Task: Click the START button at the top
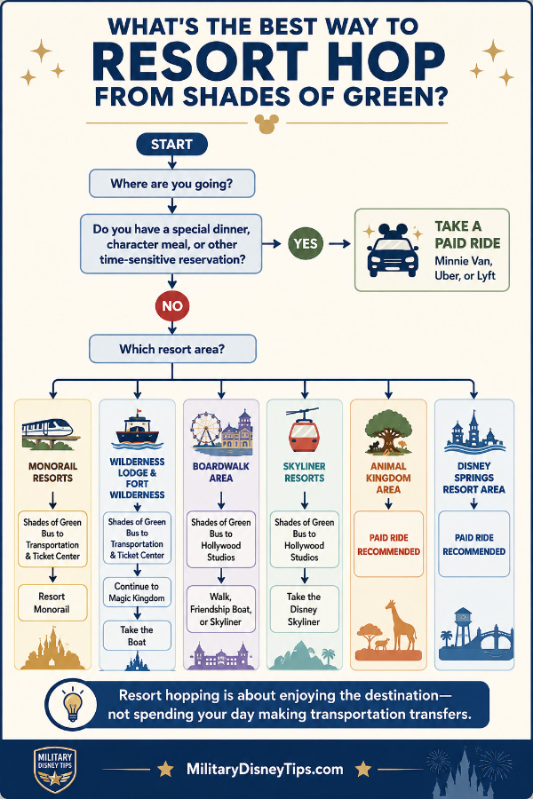[171, 144]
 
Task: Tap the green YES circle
[306, 243]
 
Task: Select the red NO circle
[171, 305]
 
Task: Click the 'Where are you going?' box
[171, 184]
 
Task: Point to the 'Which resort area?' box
[172, 349]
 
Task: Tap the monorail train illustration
[51, 433]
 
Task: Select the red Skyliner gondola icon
[304, 431]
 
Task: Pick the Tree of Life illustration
[388, 431]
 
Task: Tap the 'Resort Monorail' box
[52, 603]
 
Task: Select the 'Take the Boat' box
[137, 636]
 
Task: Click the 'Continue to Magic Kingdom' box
[137, 592]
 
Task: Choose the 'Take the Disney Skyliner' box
[304, 609]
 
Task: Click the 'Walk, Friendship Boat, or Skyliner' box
[221, 609]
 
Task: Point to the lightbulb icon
[73, 705]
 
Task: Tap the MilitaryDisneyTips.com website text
[265, 770]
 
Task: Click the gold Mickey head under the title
[266, 123]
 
